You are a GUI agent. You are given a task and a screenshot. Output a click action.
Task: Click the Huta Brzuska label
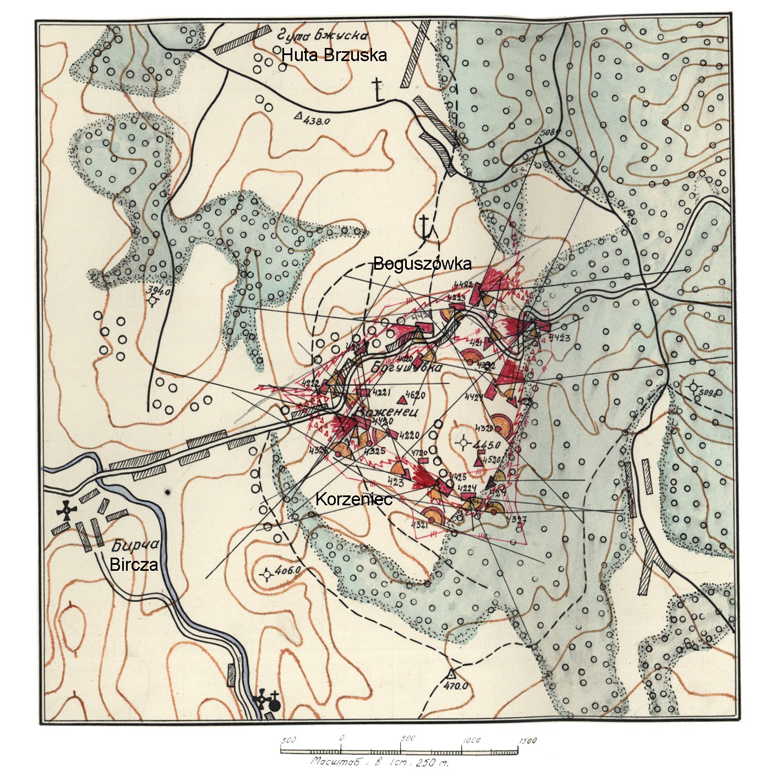tap(334, 55)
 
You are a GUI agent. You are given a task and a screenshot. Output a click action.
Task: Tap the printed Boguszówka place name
tap(422, 264)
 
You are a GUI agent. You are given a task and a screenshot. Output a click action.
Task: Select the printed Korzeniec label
tap(353, 499)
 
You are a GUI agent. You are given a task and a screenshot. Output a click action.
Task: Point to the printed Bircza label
tap(134, 565)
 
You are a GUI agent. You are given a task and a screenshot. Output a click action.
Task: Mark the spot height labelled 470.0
tap(456, 686)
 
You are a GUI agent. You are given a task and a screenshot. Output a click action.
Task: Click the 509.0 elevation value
tap(710, 393)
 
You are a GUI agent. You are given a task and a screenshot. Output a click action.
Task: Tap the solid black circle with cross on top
tap(274, 702)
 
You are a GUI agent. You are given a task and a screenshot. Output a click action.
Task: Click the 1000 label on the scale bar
tap(472, 740)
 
